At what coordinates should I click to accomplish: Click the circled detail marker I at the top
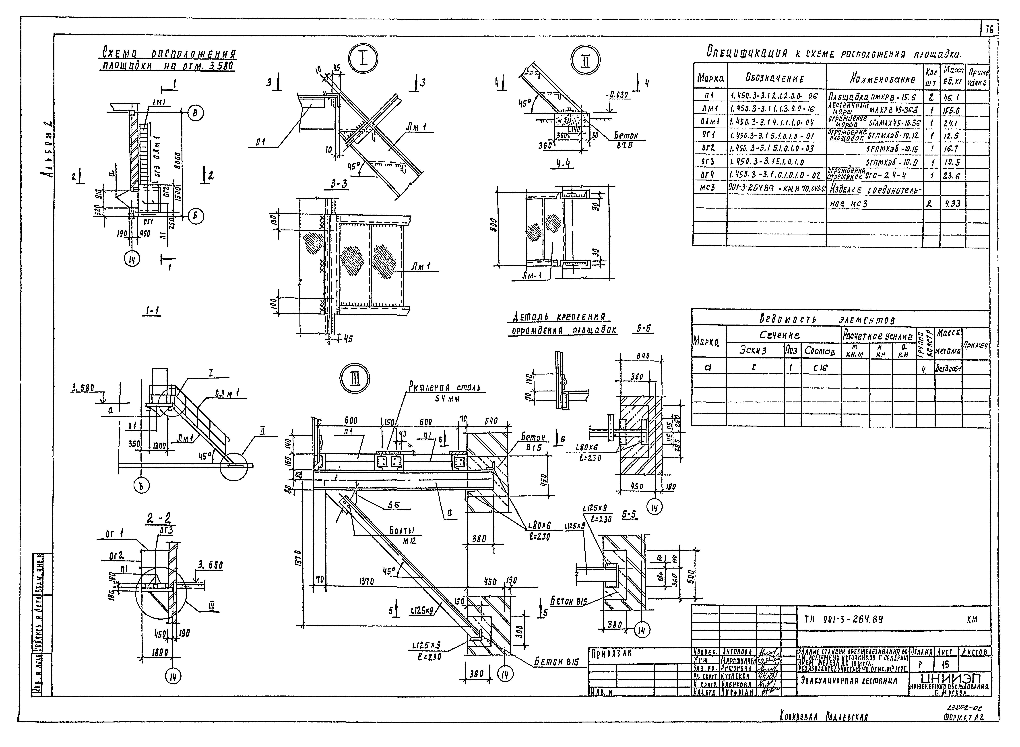(363, 60)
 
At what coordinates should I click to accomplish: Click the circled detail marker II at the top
(585, 60)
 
